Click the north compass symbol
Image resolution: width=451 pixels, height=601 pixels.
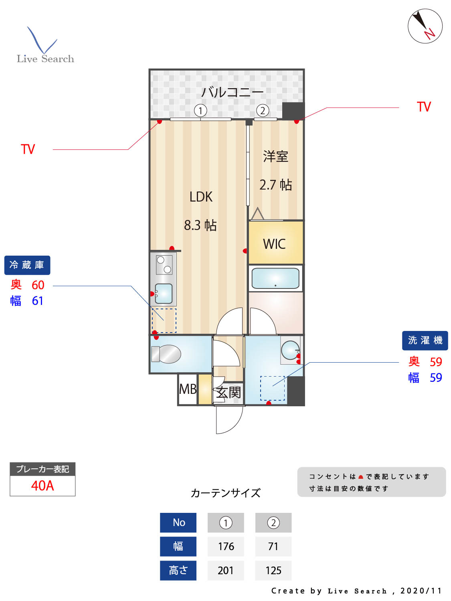[x=425, y=26]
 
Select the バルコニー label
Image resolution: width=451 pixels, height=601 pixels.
[x=232, y=92]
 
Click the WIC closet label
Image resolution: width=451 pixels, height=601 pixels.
[x=275, y=244]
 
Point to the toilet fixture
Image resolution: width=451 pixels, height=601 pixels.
[x=166, y=354]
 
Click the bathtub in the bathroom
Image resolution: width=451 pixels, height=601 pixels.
[x=275, y=278]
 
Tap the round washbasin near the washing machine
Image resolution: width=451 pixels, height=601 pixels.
[x=289, y=350]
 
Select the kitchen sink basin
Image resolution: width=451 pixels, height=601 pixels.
[x=164, y=293]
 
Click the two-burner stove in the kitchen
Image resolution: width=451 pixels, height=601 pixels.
[x=164, y=264]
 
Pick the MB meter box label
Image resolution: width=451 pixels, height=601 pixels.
[x=188, y=389]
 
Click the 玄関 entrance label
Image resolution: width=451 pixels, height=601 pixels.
[x=229, y=392]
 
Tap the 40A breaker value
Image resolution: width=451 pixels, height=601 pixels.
[x=42, y=486]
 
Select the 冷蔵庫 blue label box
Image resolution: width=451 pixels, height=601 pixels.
[x=27, y=265]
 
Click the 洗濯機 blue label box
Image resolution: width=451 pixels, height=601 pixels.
[x=425, y=340]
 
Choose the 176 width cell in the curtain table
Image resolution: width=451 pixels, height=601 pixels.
[x=226, y=547]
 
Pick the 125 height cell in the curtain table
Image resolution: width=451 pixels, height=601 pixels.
[x=273, y=571]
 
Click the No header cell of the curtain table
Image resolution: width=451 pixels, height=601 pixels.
[x=178, y=522]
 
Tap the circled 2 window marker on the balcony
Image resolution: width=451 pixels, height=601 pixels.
[x=263, y=111]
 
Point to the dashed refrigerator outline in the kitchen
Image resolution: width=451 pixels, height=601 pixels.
[x=164, y=321]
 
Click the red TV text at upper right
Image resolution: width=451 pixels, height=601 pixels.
[x=424, y=107]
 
